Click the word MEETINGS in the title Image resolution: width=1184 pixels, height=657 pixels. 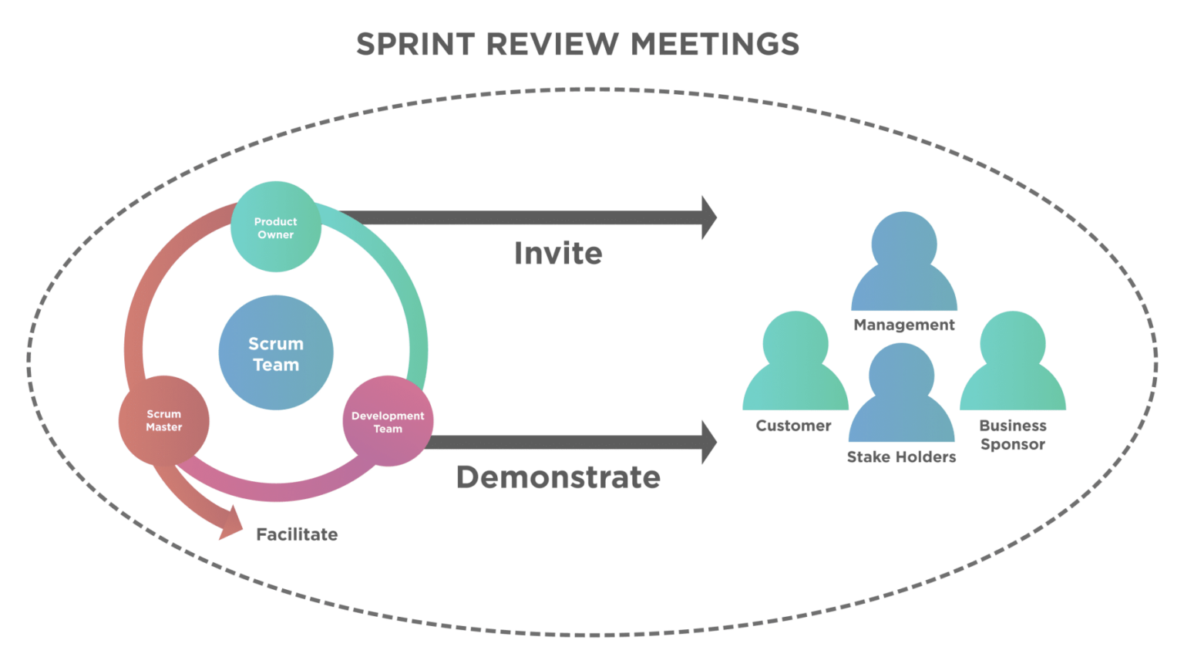pos(715,44)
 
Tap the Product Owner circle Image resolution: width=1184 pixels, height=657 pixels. pos(276,227)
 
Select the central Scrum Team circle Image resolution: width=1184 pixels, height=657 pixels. pos(276,354)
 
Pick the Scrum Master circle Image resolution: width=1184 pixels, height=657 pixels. pos(164,420)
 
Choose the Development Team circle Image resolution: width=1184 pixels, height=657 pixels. pos(388,422)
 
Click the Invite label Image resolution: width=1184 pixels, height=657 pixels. pos(558,254)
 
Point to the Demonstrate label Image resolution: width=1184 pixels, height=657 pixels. pos(558,478)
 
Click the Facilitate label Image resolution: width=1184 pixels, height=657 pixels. pos(297,534)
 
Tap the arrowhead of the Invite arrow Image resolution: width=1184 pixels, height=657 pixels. pos(708,217)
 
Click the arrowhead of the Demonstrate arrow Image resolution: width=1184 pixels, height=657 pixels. pos(708,442)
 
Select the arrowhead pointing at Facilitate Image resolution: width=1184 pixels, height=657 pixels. pos(230,527)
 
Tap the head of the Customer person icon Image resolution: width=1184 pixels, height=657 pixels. pos(795,343)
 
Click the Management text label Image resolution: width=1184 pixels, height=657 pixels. pos(904,325)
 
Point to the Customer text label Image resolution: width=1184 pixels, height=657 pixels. pos(793,426)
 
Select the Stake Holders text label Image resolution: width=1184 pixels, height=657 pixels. pos(901,457)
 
